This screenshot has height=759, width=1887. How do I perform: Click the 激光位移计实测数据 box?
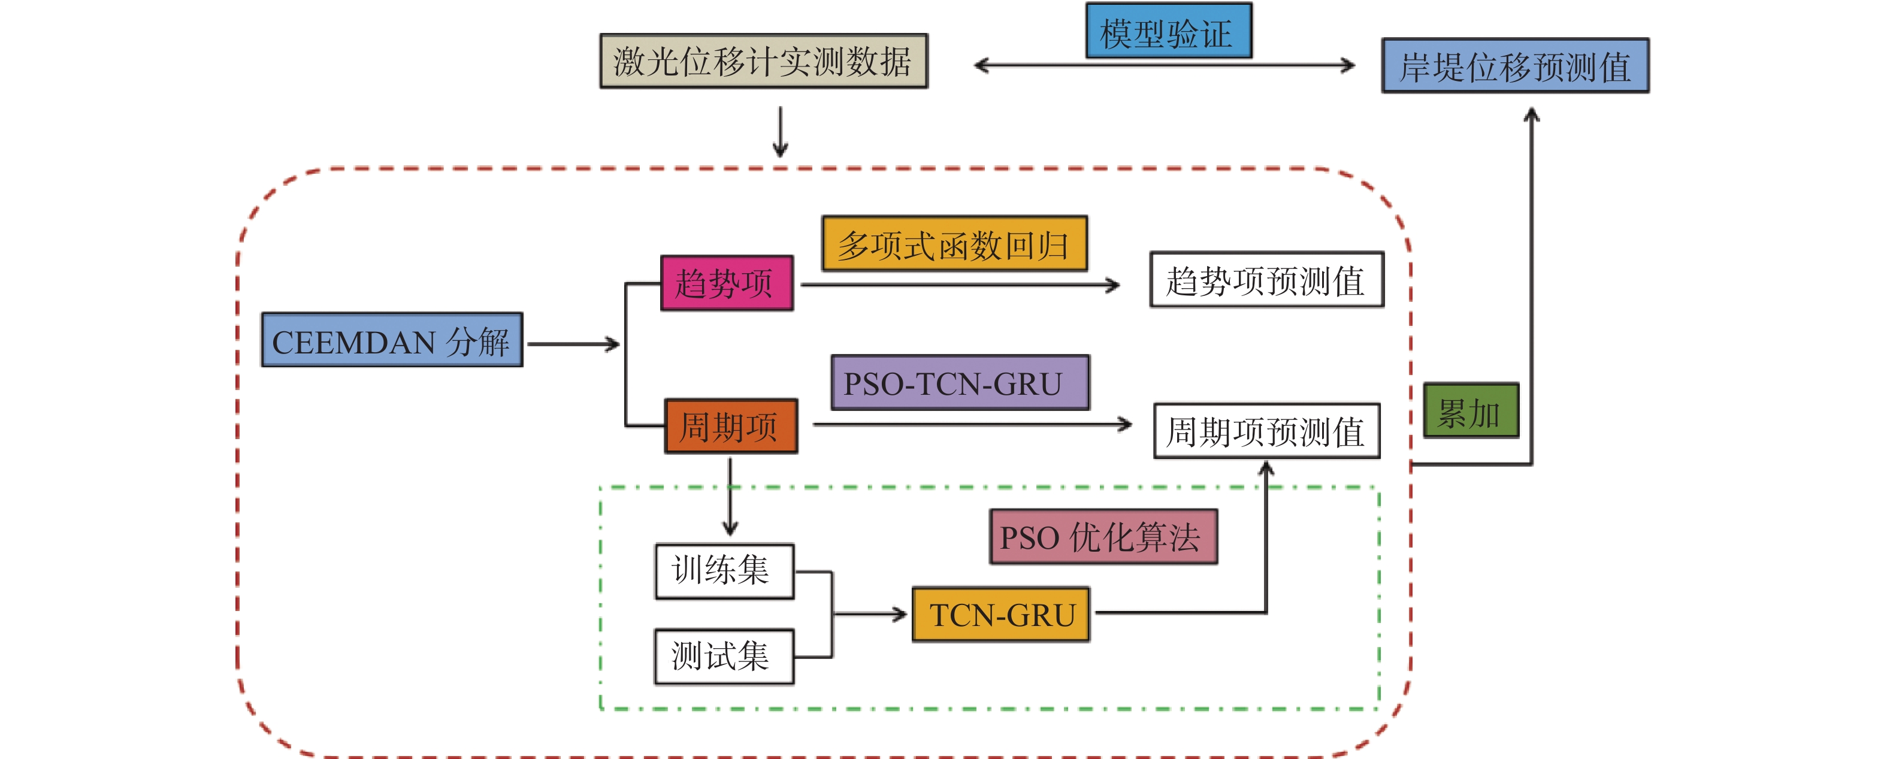click(763, 62)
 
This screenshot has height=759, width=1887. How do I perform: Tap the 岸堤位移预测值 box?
click(1515, 66)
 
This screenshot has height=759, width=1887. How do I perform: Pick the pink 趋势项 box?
click(726, 283)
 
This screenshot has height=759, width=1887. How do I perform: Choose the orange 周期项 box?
click(730, 427)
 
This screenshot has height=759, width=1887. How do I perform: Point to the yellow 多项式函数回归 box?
click(954, 244)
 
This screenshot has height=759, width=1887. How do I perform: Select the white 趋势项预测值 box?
click(1266, 280)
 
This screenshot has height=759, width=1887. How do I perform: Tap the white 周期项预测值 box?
click(1266, 431)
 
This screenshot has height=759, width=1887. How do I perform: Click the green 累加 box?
click(1470, 411)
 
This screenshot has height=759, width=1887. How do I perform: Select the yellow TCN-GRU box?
click(1000, 615)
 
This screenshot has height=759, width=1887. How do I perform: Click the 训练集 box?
click(724, 571)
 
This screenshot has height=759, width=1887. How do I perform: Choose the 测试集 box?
click(724, 657)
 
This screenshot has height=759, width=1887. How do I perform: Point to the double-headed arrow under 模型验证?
click(1165, 66)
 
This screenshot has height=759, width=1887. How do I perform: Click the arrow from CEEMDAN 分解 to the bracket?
click(573, 344)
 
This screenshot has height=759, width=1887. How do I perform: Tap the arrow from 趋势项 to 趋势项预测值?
click(960, 285)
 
